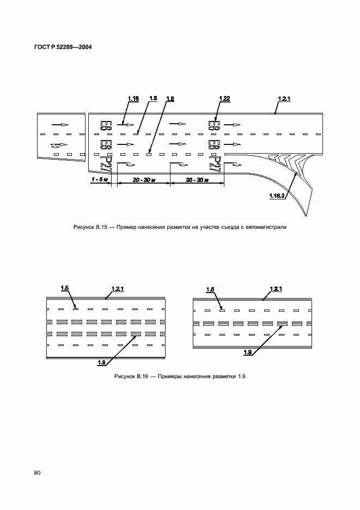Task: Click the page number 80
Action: tap(38, 472)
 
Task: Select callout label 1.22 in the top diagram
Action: tap(225, 98)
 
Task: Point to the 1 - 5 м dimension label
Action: tap(100, 179)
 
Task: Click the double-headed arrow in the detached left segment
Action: tap(58, 145)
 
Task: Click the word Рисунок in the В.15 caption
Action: tap(84, 227)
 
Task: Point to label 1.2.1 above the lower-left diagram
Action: tap(118, 289)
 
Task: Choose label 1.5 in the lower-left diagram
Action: tap(64, 289)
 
